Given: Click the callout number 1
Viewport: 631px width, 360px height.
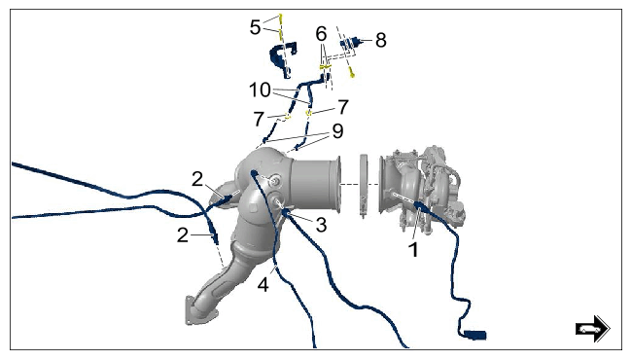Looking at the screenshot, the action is [413, 250].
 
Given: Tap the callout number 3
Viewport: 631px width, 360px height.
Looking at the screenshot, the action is [321, 225].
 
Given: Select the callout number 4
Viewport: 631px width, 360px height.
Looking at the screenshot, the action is [263, 285].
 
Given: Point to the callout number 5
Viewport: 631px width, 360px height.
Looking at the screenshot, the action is [255, 27].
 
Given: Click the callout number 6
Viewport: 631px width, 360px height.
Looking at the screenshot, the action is [321, 33].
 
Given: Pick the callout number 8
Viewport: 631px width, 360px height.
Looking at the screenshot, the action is [381, 40].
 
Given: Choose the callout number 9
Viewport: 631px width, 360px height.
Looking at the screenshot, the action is [337, 131].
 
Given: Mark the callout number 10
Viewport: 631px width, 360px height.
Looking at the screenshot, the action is [260, 90].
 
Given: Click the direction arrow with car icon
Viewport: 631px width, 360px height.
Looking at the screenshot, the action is [593, 329].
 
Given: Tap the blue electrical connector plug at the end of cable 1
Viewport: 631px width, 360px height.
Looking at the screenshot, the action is [475, 335].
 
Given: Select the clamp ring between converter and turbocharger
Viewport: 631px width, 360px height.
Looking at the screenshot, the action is [363, 185].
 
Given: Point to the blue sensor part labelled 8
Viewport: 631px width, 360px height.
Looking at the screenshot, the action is [350, 44].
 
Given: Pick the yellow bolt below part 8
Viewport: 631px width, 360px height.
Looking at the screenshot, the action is [352, 73].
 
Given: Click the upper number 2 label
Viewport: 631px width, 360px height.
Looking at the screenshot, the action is [197, 179].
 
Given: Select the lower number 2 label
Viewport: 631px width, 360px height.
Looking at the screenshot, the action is [183, 234].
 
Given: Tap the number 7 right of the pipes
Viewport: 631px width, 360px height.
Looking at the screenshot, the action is [342, 107].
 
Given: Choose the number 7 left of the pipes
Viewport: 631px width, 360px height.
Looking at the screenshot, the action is [259, 120].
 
